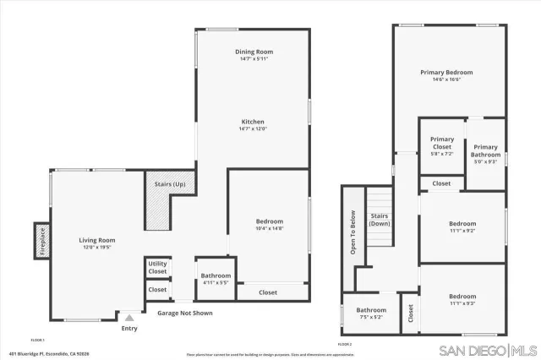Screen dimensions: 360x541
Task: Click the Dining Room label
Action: (254, 52)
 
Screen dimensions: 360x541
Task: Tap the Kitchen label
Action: (254, 123)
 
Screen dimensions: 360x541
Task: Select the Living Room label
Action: (97, 240)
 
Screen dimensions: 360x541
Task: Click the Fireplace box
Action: (41, 239)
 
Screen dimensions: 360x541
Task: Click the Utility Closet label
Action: (157, 268)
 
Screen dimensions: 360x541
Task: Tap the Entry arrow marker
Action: (128, 318)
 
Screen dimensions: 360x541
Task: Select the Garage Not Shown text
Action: (185, 313)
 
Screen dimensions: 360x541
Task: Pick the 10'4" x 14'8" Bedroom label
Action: (270, 221)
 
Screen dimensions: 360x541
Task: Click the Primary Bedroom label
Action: (446, 73)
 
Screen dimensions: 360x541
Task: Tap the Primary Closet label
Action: (442, 143)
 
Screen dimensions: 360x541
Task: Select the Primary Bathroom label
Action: (486, 150)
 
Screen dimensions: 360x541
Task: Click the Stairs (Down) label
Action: (380, 220)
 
